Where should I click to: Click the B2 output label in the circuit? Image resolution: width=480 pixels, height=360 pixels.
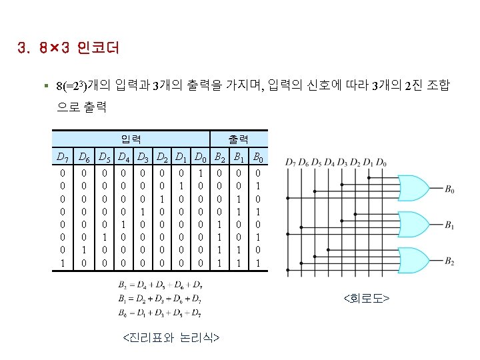tap(451, 260)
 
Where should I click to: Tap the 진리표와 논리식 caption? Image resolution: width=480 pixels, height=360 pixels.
tap(171, 338)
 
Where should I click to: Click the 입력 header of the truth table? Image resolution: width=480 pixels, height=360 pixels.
tap(131, 139)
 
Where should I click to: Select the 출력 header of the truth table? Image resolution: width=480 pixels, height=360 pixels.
tap(238, 139)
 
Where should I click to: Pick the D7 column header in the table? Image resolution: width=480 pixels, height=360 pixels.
tap(62, 158)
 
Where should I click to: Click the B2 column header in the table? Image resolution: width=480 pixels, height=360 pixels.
tap(219, 158)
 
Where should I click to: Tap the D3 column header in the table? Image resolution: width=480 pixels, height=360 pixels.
tap(142, 158)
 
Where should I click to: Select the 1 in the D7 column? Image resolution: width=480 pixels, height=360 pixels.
tap(62, 263)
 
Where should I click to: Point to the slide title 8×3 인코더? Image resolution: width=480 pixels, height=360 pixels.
tap(68, 49)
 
